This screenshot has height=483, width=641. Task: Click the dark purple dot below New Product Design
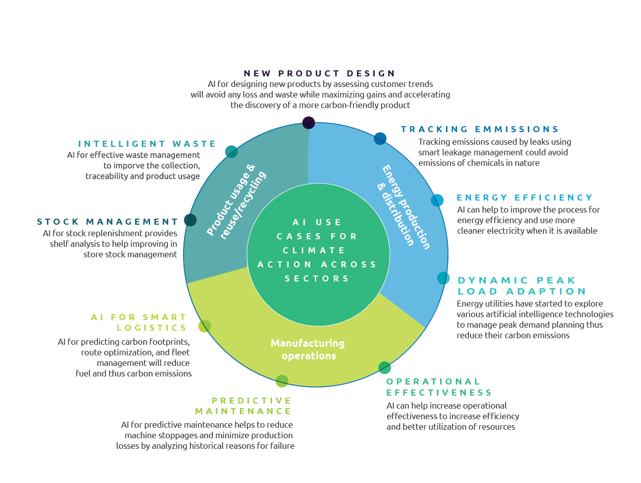(x=309, y=123)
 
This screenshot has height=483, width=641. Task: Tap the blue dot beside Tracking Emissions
(x=380, y=139)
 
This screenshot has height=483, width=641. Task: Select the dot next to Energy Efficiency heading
(x=437, y=200)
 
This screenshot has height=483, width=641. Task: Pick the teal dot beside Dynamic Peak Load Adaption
(x=443, y=278)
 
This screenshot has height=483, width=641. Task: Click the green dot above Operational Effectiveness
(x=385, y=367)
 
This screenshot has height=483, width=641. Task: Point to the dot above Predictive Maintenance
(x=282, y=381)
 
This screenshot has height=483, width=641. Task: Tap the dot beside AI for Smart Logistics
(x=204, y=326)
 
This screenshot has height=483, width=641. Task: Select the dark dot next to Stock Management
(x=190, y=220)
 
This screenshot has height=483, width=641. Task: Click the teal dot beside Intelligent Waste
(x=231, y=151)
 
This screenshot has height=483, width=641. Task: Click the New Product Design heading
(x=320, y=73)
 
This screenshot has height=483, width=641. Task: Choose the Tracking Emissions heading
(x=480, y=129)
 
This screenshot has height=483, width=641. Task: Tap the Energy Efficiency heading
(x=524, y=198)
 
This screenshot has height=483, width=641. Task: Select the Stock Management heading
(x=108, y=222)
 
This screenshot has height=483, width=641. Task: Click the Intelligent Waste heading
(x=147, y=144)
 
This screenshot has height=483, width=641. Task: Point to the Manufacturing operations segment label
(x=308, y=349)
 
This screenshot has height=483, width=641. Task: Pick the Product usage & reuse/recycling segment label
(x=236, y=201)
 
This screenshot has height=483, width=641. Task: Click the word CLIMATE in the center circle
(x=314, y=250)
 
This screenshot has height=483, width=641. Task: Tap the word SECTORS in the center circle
(x=317, y=278)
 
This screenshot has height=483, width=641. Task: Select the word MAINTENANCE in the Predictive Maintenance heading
(x=243, y=411)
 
